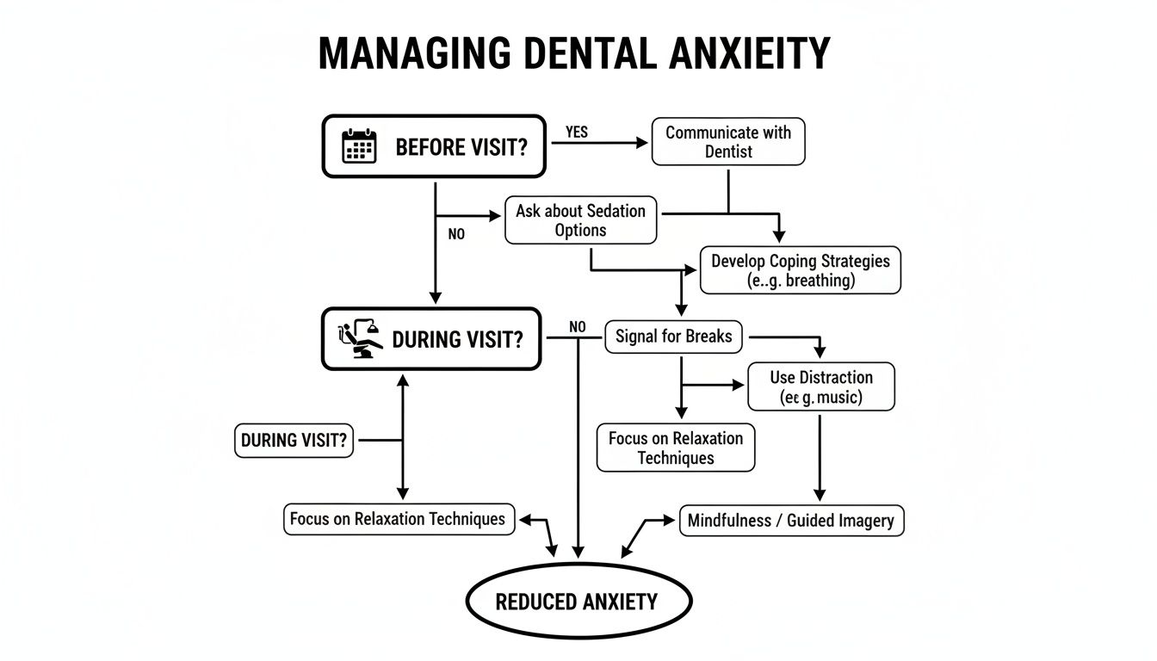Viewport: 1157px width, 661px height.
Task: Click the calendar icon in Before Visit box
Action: tap(360, 146)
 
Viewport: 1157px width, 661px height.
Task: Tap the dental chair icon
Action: tap(362, 339)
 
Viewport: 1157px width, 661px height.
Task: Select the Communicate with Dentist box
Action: tap(728, 142)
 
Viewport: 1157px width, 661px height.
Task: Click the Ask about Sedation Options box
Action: tap(580, 219)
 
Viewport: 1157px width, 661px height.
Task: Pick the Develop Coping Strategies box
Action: tap(801, 270)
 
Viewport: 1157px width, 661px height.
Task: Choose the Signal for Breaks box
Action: tap(673, 337)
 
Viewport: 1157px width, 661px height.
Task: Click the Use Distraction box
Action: tap(820, 387)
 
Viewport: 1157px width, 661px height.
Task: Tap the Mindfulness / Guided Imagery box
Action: tap(791, 521)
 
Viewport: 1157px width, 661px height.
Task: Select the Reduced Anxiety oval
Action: tap(578, 602)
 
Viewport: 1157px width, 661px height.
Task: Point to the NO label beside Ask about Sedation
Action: tap(456, 233)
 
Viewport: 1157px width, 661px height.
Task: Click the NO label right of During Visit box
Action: tap(577, 327)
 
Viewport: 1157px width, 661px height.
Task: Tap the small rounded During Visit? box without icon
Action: tap(294, 441)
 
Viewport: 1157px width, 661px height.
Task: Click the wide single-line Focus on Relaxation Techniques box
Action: tap(399, 520)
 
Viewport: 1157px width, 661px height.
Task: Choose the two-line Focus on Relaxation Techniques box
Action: tap(675, 448)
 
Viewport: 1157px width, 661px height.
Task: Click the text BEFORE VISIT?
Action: tap(461, 147)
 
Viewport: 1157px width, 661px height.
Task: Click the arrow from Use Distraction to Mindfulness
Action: tap(820, 456)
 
